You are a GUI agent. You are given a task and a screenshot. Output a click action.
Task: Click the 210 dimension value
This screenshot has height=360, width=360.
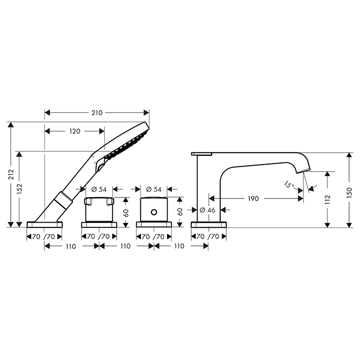tap(97, 113)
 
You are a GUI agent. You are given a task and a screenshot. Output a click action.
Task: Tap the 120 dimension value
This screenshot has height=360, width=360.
tap(75, 131)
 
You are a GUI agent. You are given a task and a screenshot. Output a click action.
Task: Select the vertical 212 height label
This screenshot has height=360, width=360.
tap(11, 174)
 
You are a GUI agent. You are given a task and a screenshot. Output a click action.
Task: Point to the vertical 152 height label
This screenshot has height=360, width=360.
tap(20, 189)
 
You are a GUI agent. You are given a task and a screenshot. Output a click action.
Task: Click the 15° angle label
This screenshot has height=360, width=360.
tap(289, 184)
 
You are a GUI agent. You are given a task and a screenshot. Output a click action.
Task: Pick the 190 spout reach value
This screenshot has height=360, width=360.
tap(253, 199)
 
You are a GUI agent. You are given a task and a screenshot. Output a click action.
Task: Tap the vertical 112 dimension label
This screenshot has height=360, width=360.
tap(328, 200)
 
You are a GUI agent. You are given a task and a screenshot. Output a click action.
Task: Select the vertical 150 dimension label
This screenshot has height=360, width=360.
tap(349, 193)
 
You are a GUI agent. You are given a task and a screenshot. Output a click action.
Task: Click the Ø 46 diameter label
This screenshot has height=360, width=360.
tap(207, 210)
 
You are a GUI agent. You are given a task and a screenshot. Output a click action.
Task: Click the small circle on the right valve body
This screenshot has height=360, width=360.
tap(154, 212)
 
